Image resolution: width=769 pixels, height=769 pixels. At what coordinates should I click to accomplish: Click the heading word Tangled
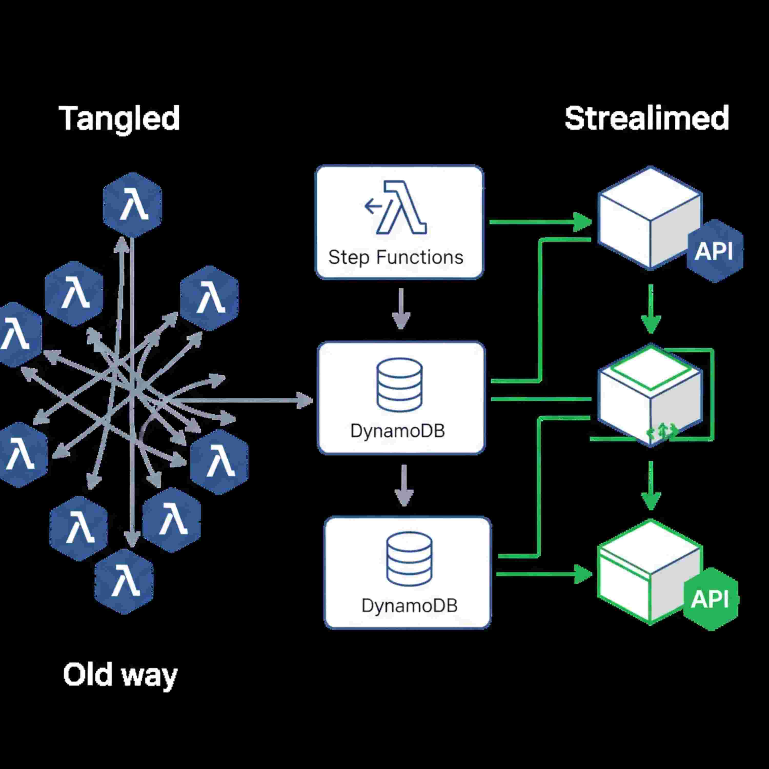pos(119,118)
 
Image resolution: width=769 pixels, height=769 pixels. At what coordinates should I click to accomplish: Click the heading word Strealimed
pos(646,118)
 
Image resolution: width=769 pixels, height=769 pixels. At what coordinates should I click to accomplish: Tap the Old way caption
pos(120,675)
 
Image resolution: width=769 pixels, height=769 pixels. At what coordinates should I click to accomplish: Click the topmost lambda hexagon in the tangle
pos(133,205)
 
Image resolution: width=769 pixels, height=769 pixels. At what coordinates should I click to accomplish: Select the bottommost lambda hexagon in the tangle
pos(124,582)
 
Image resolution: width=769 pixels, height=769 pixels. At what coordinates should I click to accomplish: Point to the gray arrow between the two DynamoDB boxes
pos(404,485)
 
